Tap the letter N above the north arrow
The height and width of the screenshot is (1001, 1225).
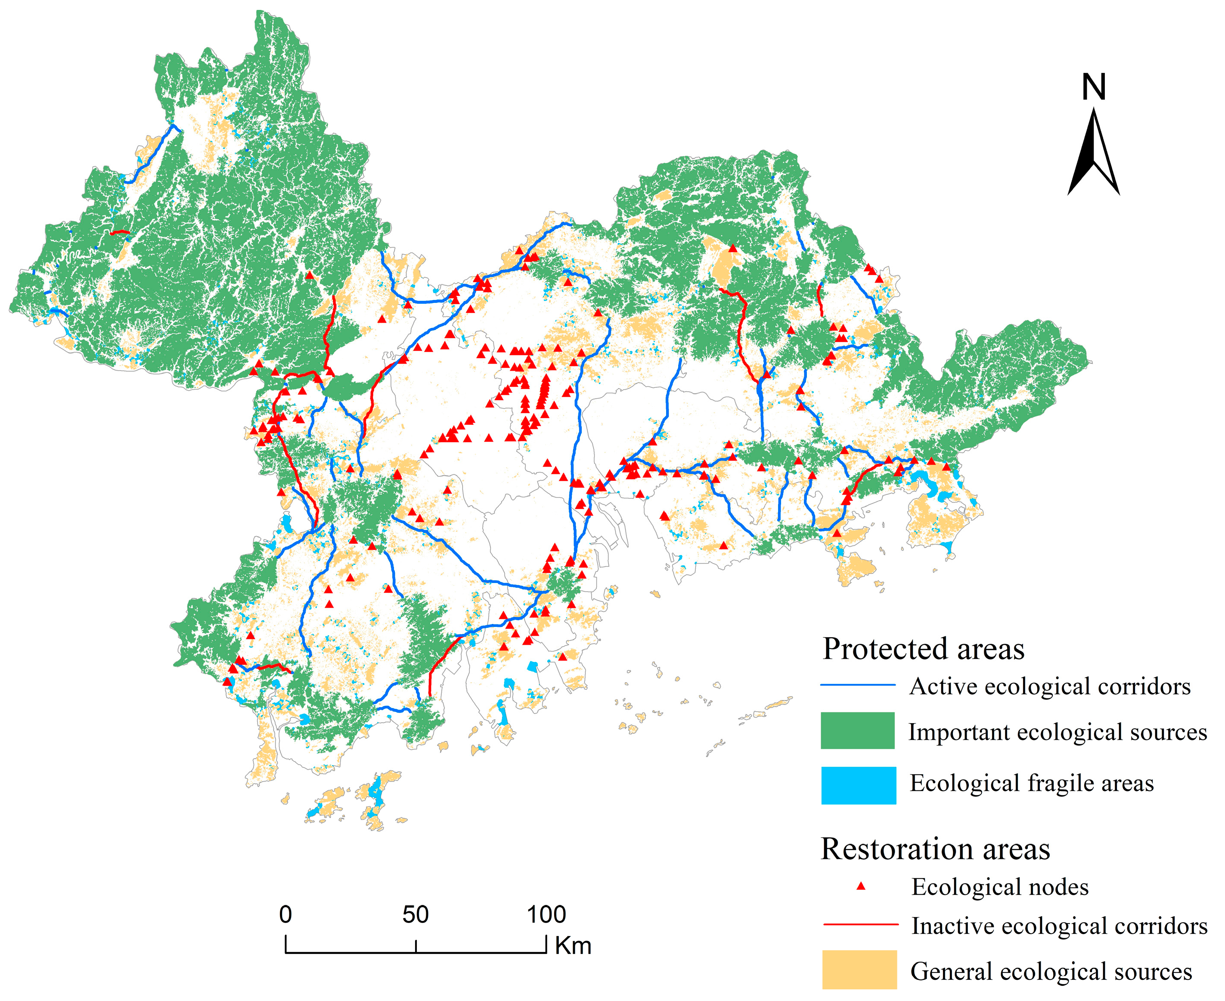[x=1093, y=87]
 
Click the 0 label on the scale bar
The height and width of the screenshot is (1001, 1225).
[x=285, y=915]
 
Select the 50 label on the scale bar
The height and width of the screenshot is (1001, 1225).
[x=416, y=915]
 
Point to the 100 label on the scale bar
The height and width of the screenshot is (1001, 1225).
[x=546, y=915]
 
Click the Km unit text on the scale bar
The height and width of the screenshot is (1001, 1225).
[x=574, y=946]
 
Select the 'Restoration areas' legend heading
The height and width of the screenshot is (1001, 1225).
[x=935, y=849]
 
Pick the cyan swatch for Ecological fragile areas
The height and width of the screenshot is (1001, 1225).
[x=858, y=785]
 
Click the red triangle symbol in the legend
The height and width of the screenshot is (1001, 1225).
[x=861, y=886]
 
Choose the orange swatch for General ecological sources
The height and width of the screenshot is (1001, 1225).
[x=859, y=970]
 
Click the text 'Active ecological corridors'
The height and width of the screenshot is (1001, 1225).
[x=1050, y=687]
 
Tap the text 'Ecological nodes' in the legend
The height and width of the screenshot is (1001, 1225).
[x=1000, y=887]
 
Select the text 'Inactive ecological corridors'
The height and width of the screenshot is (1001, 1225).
[x=1059, y=926]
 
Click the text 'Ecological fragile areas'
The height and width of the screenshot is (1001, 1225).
[x=1031, y=784]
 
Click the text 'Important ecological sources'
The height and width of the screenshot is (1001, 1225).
[x=1058, y=732]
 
